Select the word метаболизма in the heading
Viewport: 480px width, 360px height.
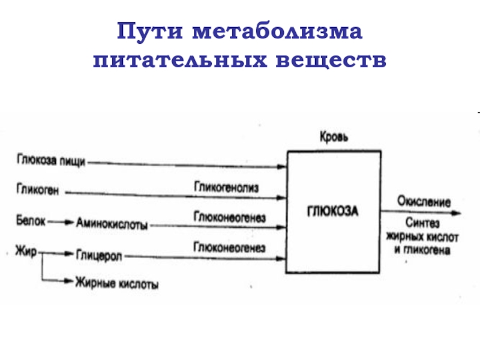277,31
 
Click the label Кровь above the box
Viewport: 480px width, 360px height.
333,137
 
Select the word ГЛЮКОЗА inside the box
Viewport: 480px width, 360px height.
333,211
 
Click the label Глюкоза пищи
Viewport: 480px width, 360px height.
51,160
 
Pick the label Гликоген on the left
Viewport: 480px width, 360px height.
37,191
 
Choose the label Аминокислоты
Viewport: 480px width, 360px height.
112,223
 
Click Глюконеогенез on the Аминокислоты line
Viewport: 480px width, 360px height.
229,215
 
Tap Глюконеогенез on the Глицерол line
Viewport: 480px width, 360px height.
229,247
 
